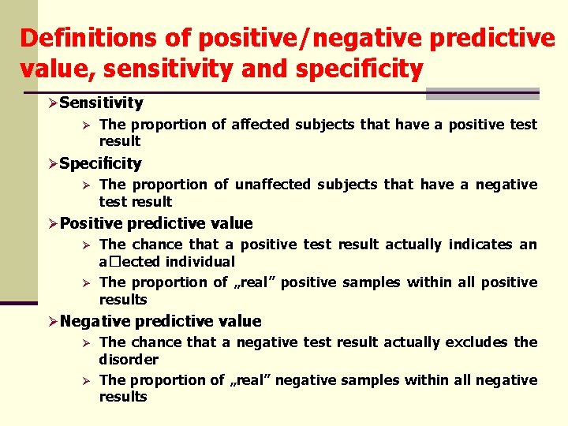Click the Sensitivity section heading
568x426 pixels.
click(101, 103)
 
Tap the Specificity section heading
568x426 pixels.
click(100, 163)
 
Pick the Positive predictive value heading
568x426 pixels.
click(156, 223)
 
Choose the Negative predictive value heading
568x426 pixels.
click(160, 321)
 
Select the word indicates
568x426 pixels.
click(480, 245)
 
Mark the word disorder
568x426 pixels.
click(129, 359)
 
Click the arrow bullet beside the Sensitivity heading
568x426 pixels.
click(52, 103)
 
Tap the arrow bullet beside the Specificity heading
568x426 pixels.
click(52, 164)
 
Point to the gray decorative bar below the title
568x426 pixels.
click(482, 94)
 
